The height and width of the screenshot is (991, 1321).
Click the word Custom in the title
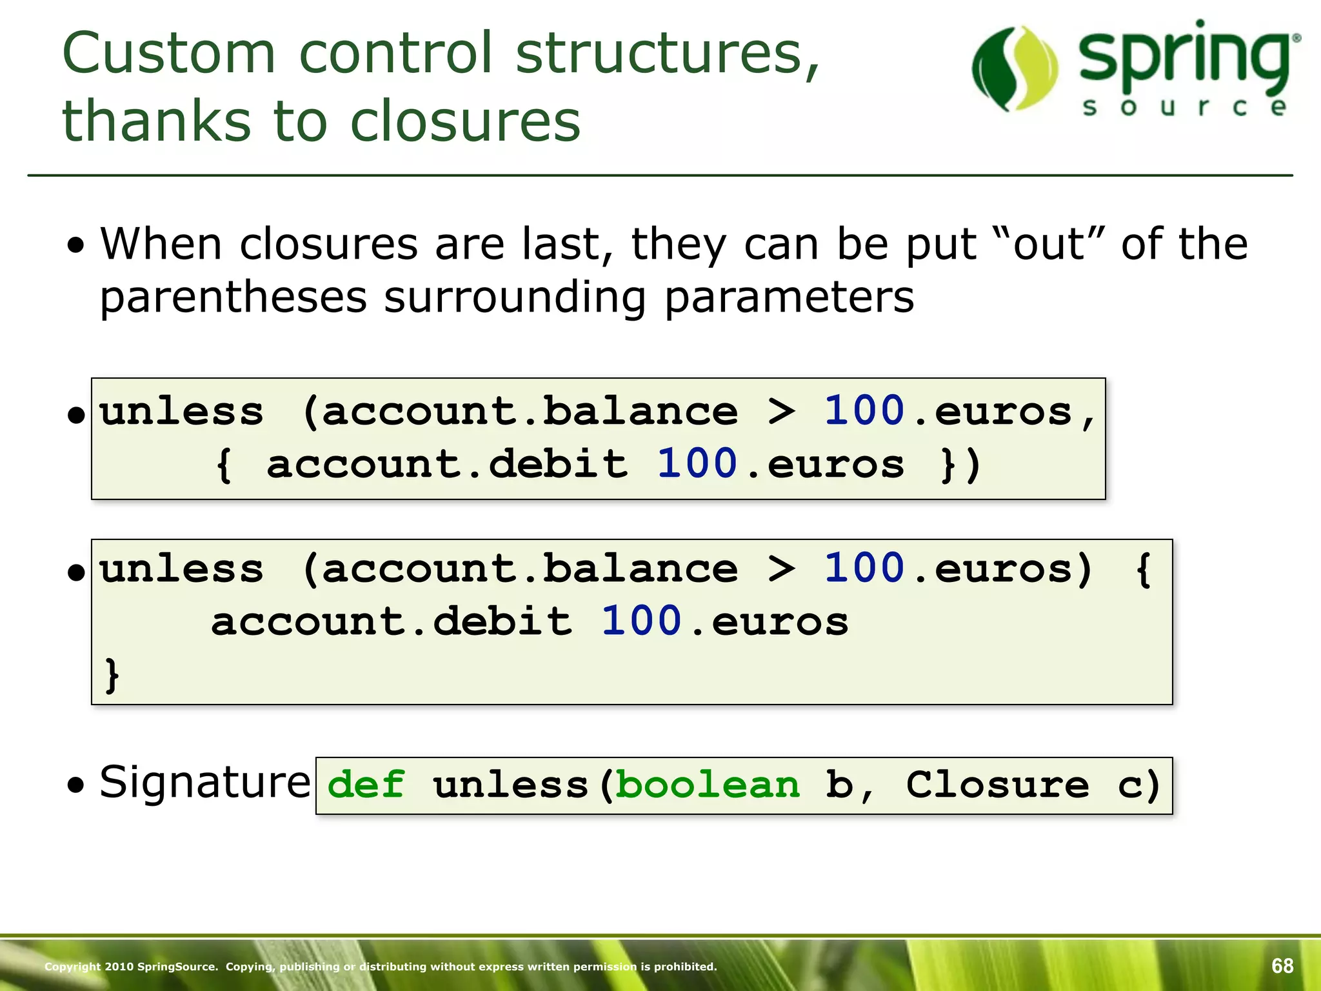coord(169,54)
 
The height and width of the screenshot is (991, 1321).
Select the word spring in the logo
coord(1184,61)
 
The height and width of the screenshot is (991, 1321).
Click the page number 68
coord(1282,965)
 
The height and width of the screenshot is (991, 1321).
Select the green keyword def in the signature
coord(366,785)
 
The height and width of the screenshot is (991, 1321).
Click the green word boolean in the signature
coord(708,785)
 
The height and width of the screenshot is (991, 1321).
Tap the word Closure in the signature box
coord(997,785)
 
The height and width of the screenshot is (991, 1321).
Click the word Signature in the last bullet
coord(205,782)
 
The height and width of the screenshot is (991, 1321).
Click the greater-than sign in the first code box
coord(781,412)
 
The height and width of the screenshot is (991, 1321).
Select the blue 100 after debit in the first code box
coord(697,465)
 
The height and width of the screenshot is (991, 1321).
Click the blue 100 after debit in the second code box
coord(641,622)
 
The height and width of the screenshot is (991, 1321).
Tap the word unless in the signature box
coord(510,785)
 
